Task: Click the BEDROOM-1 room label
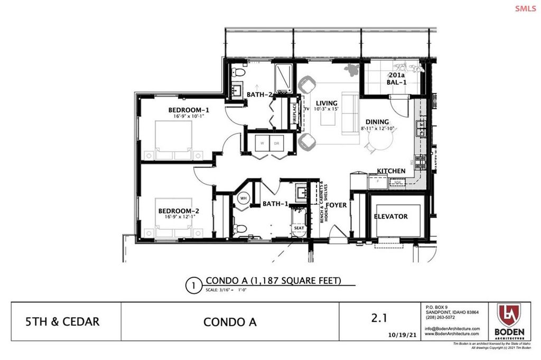189,110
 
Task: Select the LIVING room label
326,103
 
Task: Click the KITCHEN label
391,171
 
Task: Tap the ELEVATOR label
390,216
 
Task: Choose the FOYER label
337,205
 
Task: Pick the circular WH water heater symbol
244,198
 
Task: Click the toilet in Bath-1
239,229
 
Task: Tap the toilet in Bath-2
239,72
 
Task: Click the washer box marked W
263,143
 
